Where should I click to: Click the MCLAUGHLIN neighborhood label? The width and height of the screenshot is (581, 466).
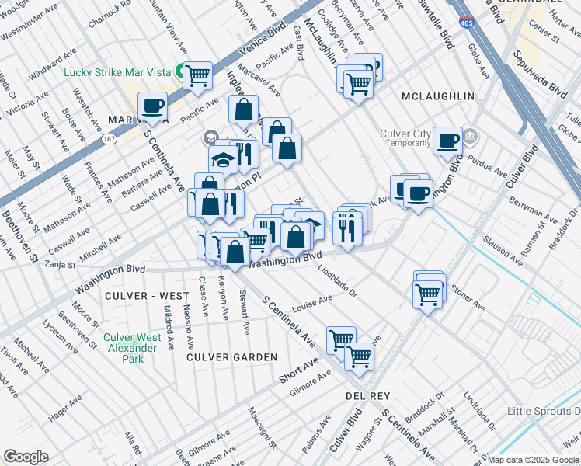pyautogui.click(x=437, y=96)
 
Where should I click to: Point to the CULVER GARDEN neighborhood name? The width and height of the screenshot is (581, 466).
pyautogui.click(x=231, y=356)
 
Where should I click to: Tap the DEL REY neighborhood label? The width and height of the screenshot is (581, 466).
pyautogui.click(x=367, y=395)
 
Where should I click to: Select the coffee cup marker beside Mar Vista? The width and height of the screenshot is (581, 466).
pyautogui.click(x=152, y=106)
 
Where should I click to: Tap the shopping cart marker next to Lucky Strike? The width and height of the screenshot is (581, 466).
pyautogui.click(x=198, y=75)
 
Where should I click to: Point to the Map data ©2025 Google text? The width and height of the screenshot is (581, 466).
pyautogui.click(x=533, y=460)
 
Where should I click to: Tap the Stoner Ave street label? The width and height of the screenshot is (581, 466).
pyautogui.click(x=467, y=302)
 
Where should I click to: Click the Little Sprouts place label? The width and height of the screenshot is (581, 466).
pyautogui.click(x=544, y=411)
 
